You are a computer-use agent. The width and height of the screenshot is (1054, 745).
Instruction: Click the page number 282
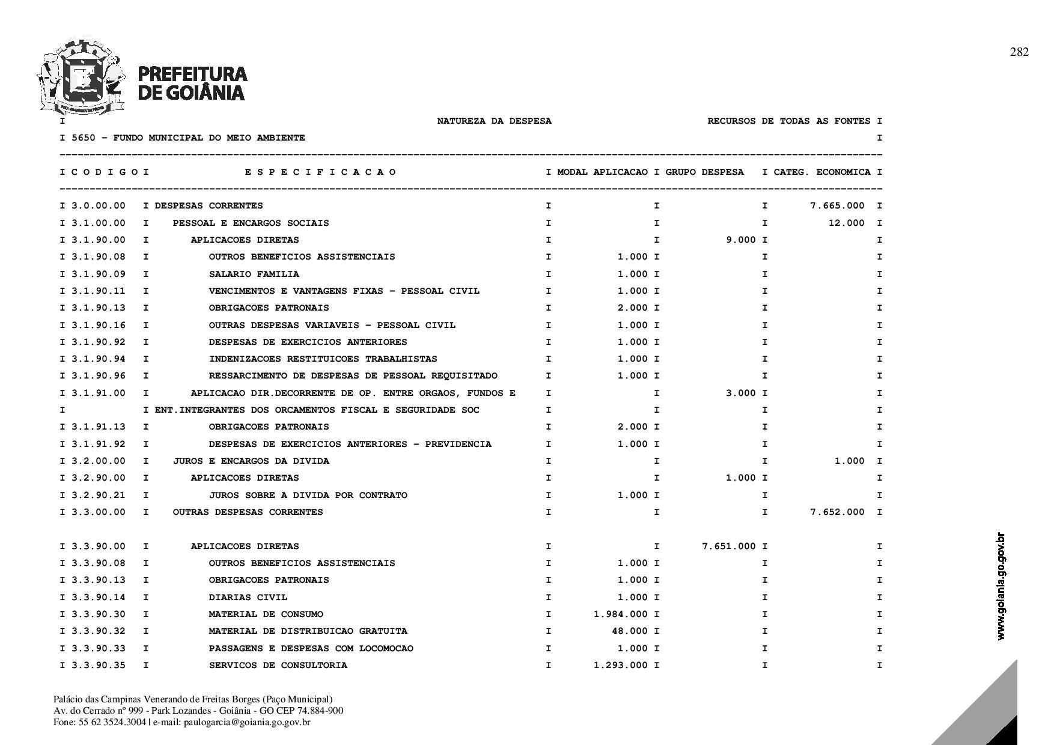(x=1019, y=52)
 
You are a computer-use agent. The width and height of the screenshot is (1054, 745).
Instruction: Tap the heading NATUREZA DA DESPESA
(x=494, y=121)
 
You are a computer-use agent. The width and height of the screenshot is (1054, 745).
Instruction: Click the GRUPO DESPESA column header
(x=704, y=172)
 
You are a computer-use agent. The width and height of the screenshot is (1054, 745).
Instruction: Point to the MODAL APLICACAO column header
(x=602, y=172)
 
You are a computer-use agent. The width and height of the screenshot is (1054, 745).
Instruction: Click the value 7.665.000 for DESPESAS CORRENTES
(x=837, y=206)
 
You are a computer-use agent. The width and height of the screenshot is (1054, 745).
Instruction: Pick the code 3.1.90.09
(x=99, y=274)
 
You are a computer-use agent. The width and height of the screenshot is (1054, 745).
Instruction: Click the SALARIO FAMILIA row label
(x=254, y=274)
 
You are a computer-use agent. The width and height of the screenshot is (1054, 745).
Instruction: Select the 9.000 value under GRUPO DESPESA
(x=741, y=240)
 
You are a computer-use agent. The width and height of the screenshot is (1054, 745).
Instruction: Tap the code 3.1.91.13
(x=99, y=427)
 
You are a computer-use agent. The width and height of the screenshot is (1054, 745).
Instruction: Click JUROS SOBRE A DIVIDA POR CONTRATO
(x=308, y=495)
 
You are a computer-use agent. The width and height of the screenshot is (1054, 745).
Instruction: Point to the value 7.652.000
(x=837, y=512)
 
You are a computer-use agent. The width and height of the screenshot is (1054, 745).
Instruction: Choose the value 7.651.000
(x=728, y=546)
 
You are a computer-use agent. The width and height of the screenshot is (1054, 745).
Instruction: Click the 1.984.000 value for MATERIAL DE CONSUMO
(x=620, y=614)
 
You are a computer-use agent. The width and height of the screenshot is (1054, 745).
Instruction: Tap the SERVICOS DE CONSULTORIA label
(x=278, y=665)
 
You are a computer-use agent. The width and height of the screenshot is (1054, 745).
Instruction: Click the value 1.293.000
(x=620, y=665)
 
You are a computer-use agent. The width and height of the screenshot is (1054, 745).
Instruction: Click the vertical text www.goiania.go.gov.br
(x=1001, y=586)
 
